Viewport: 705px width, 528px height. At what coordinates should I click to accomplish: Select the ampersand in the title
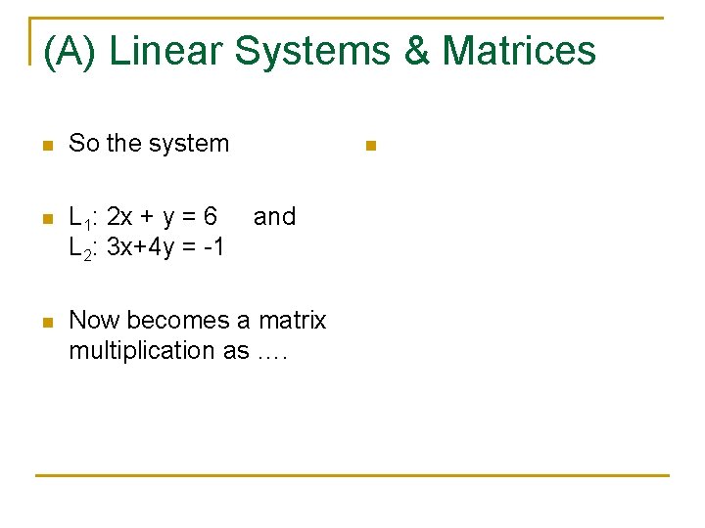coord(416,51)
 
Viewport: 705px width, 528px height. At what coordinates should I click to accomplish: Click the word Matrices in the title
coord(519,51)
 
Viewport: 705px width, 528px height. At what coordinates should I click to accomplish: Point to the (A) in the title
coord(70,51)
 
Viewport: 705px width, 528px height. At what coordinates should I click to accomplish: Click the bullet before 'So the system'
coord(45,146)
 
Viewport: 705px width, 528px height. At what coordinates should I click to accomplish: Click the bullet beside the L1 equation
coord(45,219)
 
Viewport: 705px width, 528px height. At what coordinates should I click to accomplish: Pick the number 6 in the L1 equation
coord(211,216)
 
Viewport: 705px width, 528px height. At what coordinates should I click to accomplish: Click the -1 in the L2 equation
coord(213,247)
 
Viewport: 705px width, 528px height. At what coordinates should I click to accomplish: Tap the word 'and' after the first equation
coord(274,216)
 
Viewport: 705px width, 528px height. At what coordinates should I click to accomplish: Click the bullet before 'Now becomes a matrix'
coord(45,323)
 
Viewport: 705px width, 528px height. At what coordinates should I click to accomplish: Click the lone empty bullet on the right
coord(370,146)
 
